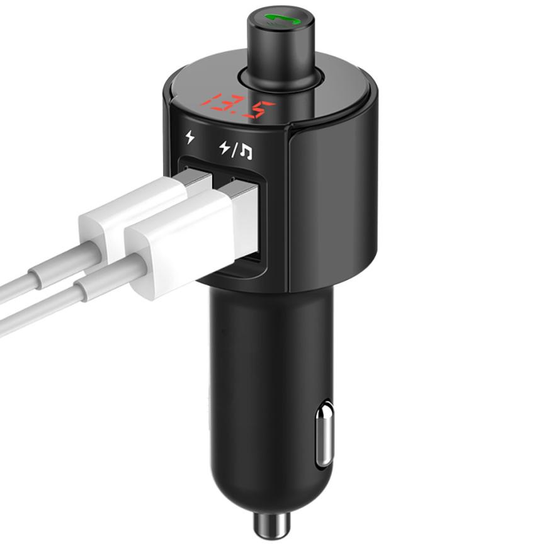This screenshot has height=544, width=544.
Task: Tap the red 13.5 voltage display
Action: pos(237,106)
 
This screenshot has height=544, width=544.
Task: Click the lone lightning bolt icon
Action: pos(190,137)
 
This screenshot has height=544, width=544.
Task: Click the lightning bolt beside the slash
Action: pos(225,148)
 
